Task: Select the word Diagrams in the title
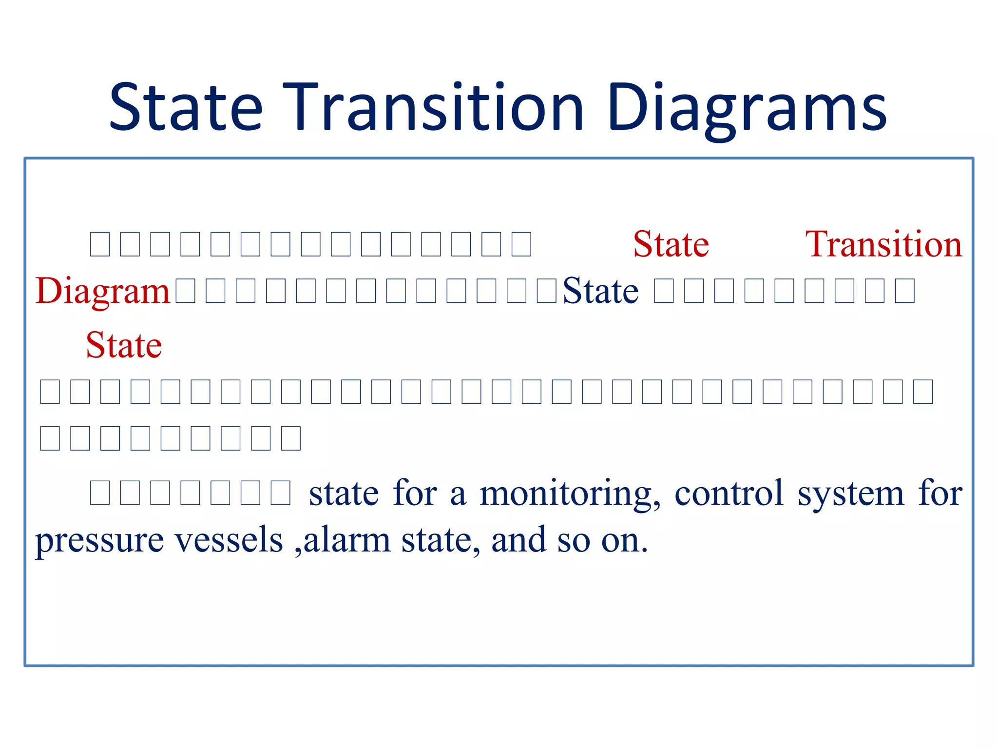[747, 108]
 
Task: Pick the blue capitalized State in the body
[600, 291]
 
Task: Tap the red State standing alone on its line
[124, 345]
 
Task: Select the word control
[729, 493]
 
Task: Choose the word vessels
[229, 540]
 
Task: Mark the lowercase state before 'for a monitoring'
[344, 493]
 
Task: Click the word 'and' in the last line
[518, 540]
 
